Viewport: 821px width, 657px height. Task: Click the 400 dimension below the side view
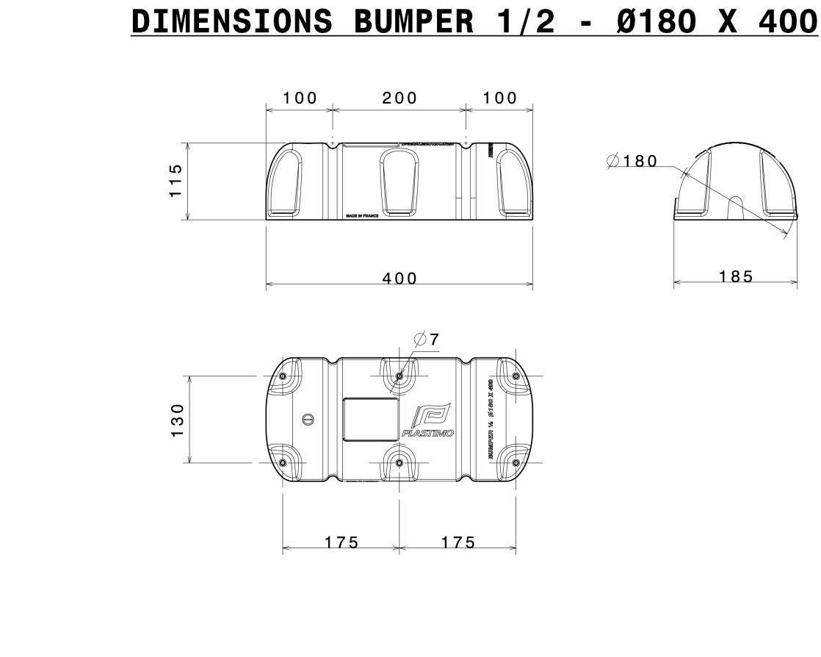[399, 279]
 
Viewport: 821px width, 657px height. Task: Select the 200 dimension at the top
[399, 98]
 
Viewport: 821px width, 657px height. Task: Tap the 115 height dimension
[175, 181]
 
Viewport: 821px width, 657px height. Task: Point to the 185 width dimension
[736, 276]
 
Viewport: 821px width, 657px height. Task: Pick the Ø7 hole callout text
[427, 340]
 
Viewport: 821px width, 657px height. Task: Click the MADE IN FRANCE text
[362, 216]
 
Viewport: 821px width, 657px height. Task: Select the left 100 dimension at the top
[300, 98]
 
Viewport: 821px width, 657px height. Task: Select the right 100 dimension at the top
[499, 98]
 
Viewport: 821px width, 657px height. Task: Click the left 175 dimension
[341, 542]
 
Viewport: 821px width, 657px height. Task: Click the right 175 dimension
[458, 542]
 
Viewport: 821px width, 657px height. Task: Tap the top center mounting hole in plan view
[399, 376]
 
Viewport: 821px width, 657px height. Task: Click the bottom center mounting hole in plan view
[399, 462]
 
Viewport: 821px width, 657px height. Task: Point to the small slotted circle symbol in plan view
[308, 420]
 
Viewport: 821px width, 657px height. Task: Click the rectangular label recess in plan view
[372, 420]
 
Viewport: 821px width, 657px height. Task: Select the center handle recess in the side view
[399, 183]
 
